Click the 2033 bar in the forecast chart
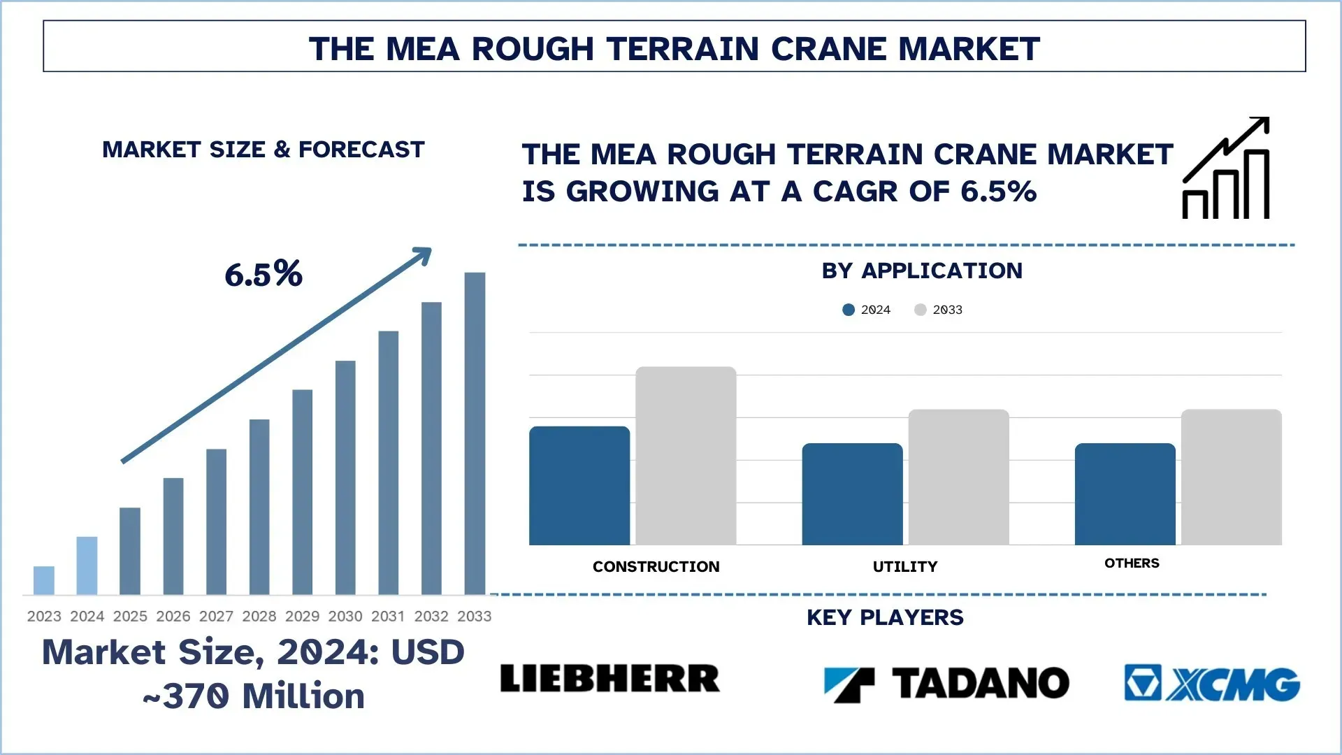click(475, 433)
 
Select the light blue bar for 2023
click(43, 580)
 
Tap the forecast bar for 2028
click(259, 507)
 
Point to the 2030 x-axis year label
click(345, 616)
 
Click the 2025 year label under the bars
click(130, 616)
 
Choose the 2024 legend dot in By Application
click(849, 310)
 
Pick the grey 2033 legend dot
click(921, 310)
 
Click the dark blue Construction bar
click(579, 486)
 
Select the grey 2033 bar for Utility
click(958, 477)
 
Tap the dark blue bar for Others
click(1125, 494)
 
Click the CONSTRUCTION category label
click(656, 566)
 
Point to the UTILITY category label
click(905, 566)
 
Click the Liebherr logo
click(609, 679)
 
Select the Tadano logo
click(946, 683)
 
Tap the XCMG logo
click(1212, 683)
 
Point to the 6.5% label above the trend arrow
click(264, 274)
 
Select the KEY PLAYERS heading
click(885, 617)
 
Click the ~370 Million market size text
click(254, 696)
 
